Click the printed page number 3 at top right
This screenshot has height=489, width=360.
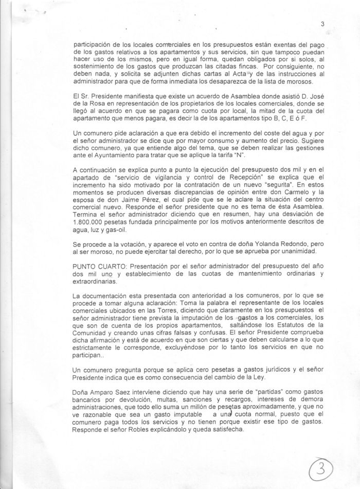coord(322,23)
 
